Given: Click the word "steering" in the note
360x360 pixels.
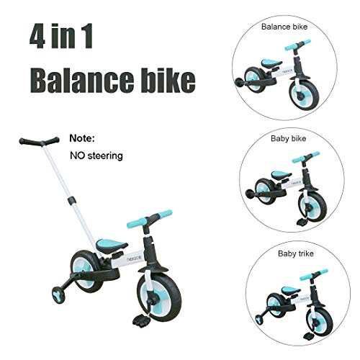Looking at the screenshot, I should (105, 155).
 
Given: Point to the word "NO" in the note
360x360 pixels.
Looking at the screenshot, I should (78, 155).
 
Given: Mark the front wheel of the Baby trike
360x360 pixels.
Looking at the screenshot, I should (317, 318).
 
